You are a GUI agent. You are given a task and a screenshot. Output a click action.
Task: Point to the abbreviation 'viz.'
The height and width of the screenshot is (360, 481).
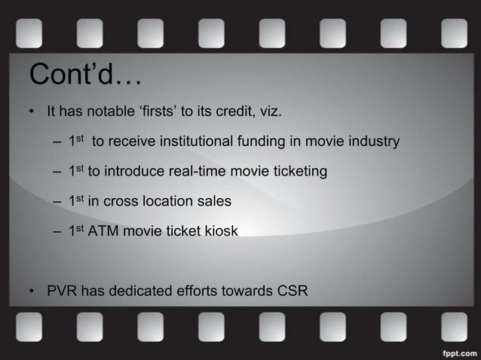(269, 113)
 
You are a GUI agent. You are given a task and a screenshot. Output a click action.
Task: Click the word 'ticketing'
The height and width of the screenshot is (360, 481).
(299, 172)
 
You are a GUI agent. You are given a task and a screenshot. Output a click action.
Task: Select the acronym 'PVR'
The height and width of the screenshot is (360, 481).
(63, 291)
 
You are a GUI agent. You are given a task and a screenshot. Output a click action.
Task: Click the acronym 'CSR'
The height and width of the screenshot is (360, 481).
(292, 291)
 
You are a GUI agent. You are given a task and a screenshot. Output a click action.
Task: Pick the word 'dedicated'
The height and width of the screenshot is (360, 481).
(139, 291)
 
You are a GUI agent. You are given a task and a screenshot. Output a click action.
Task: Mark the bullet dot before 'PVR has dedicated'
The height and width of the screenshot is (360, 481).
(32, 291)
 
